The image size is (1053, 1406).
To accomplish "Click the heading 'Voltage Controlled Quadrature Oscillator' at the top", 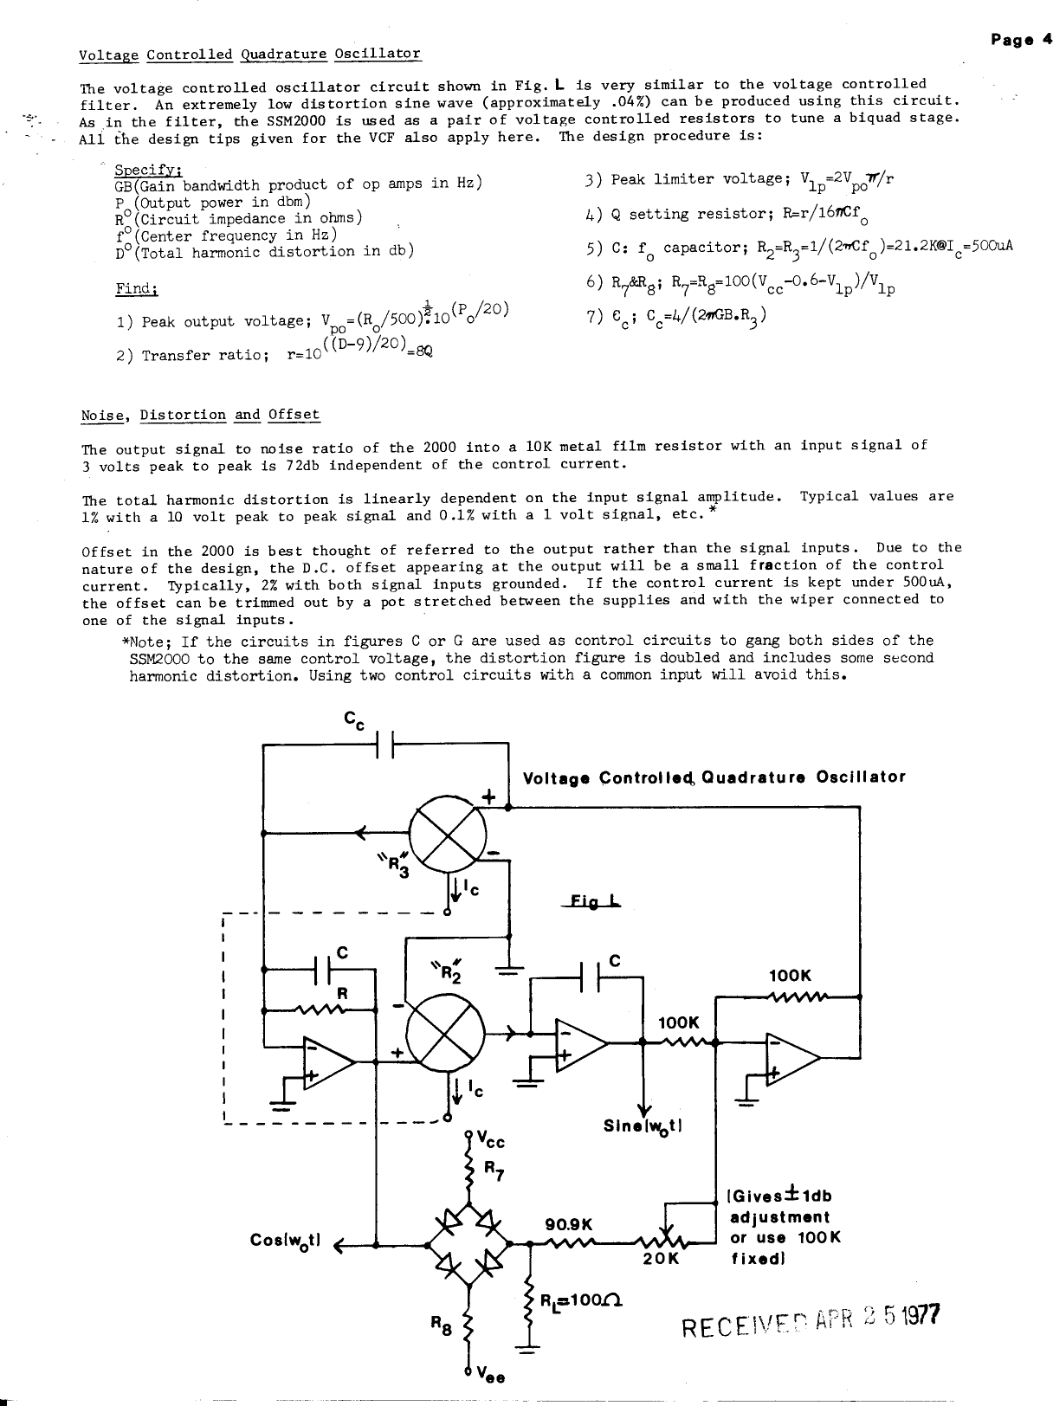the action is click(x=249, y=55).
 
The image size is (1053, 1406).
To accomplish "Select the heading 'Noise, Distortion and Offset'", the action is click(x=200, y=416).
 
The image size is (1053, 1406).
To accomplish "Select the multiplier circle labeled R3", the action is click(x=447, y=834).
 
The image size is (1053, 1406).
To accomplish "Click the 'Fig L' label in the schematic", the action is click(x=597, y=900).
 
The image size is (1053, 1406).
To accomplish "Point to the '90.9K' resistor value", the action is click(x=568, y=1225).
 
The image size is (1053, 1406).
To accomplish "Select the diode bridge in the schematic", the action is click(x=468, y=1244).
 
